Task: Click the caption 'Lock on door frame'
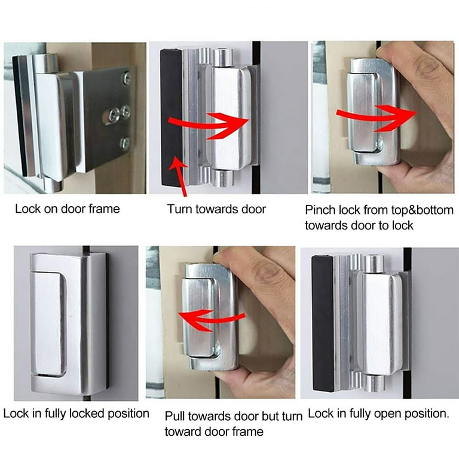[68, 209]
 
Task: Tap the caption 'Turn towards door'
[216, 209]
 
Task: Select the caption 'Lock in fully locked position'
[76, 414]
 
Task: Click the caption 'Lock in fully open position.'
[378, 414]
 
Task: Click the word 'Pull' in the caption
[175, 416]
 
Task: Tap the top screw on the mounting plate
[127, 78]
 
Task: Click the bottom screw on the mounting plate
[125, 143]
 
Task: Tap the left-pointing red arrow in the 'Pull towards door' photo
[210, 320]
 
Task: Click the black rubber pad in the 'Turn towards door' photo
[172, 117]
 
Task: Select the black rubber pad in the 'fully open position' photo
[323, 323]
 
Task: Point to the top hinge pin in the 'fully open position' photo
[374, 263]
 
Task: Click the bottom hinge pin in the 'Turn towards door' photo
[223, 178]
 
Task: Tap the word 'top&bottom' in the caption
[408, 210]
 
